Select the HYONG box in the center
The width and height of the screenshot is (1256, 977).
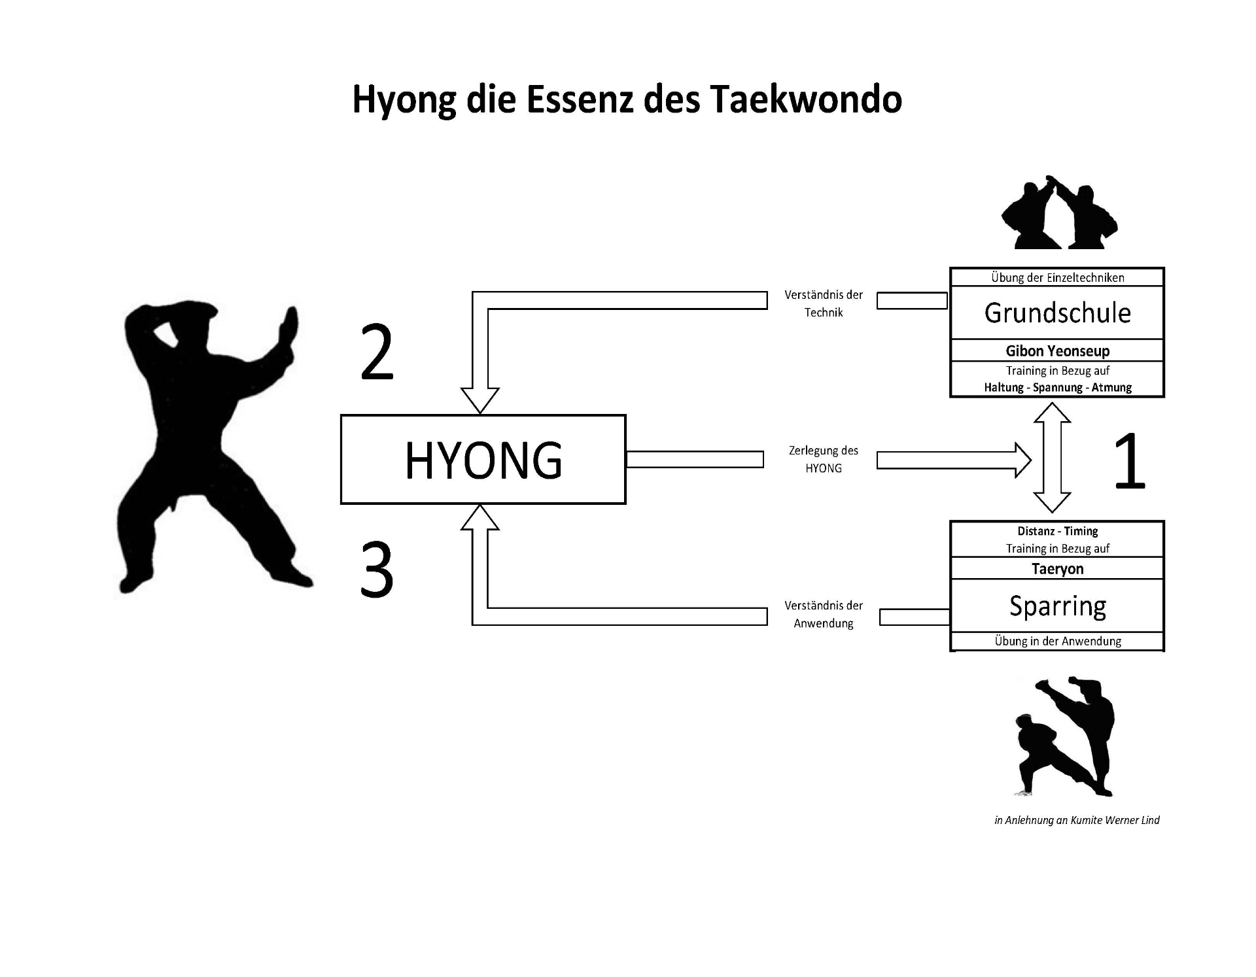[x=483, y=459]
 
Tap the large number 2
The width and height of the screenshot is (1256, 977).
[x=377, y=354]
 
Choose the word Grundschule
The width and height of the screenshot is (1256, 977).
[x=1057, y=313]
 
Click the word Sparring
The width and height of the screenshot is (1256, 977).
[x=1057, y=606]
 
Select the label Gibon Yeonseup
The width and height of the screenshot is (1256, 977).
[x=1057, y=351]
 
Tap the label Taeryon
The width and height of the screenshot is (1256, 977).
[x=1057, y=569]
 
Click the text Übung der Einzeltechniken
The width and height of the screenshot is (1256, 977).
[x=1057, y=277]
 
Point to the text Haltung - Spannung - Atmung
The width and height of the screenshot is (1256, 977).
[x=1057, y=387]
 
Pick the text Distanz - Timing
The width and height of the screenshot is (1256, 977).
[x=1057, y=531]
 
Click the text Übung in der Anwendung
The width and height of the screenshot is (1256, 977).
[x=1057, y=641]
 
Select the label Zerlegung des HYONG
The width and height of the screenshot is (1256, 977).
[x=823, y=459]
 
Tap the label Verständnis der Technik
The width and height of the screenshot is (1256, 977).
[x=823, y=303]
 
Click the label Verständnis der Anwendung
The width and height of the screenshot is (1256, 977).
[x=823, y=614]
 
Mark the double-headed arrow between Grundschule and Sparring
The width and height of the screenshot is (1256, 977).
[x=1051, y=458]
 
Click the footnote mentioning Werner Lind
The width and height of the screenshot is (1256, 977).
[x=1077, y=820]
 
